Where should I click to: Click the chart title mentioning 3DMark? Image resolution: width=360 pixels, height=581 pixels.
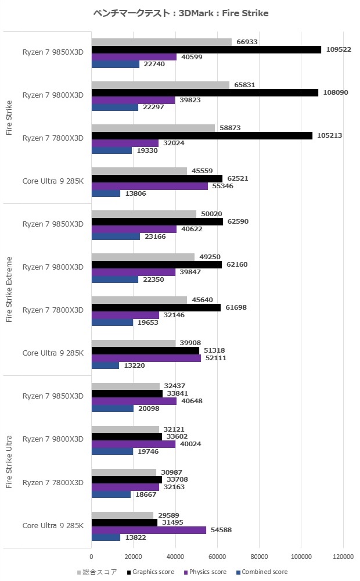[x=181, y=13]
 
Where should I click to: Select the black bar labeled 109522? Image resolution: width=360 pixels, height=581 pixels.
[x=206, y=50]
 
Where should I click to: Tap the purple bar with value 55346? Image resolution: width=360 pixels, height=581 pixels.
[x=149, y=187]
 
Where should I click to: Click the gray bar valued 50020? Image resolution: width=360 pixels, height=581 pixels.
[x=144, y=214]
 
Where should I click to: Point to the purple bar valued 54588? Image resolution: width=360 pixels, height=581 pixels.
[x=149, y=530]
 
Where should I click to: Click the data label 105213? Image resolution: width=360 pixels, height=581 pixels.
[x=329, y=136]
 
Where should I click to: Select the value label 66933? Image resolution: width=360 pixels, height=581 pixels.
[x=244, y=42]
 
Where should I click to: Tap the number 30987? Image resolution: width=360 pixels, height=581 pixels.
[x=170, y=472]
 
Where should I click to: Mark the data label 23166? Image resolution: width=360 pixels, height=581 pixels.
[x=153, y=236]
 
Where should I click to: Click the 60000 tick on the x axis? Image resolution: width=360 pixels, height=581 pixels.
[x=217, y=556]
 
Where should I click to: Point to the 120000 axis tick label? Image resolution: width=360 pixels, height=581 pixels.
[x=343, y=556]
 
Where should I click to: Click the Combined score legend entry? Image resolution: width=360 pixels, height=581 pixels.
[x=264, y=572]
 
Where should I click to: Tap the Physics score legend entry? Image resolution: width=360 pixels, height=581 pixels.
[x=207, y=572]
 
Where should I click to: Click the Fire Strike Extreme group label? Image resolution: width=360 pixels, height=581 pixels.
[x=9, y=288]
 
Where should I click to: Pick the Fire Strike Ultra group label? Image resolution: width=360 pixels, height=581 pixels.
[x=9, y=461]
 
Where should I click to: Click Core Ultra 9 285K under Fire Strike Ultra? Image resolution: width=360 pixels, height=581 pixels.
[x=53, y=525]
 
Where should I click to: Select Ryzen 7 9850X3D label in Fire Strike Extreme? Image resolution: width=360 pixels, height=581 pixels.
[x=53, y=224]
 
